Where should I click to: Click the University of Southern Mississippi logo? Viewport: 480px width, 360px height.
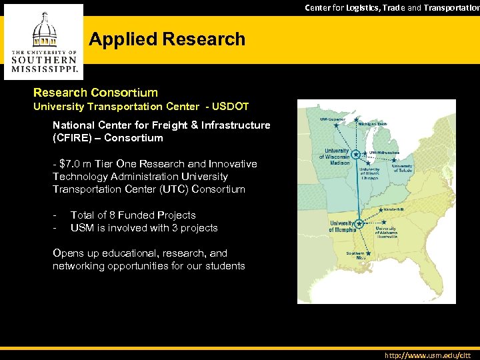(x=45, y=41)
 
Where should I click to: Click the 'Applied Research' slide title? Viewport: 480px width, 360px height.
(x=167, y=39)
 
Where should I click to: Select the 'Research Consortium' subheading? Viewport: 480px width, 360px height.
(x=96, y=93)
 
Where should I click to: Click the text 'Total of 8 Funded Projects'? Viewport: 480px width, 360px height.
(x=133, y=215)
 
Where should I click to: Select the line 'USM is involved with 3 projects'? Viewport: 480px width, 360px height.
(x=143, y=228)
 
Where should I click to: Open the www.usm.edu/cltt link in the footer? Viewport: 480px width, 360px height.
(x=427, y=355)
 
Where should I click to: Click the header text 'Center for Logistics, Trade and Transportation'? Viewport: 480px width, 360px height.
(x=392, y=7)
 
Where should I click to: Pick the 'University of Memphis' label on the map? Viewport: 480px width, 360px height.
(x=342, y=226)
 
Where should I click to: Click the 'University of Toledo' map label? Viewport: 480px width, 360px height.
(x=402, y=168)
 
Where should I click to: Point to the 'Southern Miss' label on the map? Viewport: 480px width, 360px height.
(x=355, y=255)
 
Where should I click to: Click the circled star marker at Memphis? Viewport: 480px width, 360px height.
(x=359, y=224)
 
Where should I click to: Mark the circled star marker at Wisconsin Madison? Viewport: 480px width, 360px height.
(x=357, y=154)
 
